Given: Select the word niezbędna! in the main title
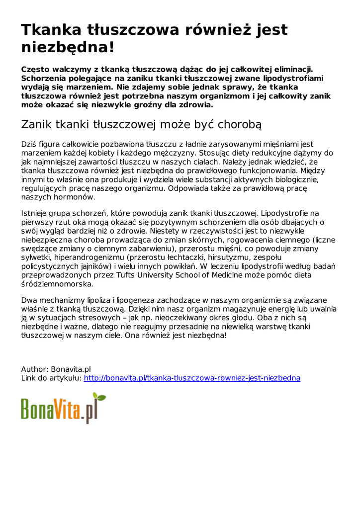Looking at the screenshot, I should [68, 48].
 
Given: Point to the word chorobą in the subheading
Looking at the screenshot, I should [234, 124].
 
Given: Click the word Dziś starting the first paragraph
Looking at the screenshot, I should [29, 144].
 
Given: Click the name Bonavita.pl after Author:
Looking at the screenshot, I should [71, 369].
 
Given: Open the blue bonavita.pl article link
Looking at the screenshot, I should [192, 378].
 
